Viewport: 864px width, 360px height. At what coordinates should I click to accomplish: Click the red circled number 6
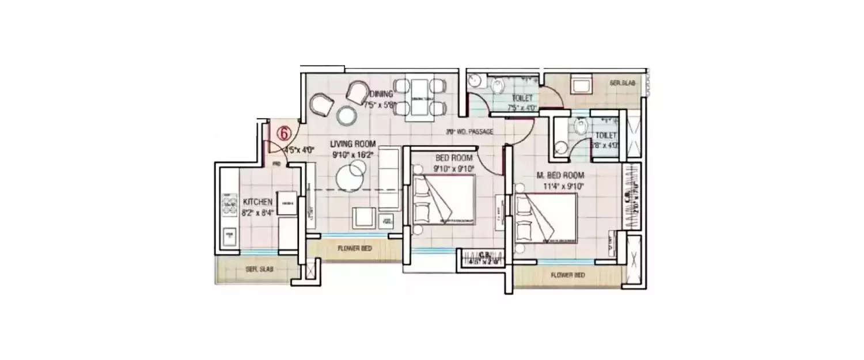[283, 132]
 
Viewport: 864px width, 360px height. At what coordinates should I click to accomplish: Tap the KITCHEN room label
[257, 202]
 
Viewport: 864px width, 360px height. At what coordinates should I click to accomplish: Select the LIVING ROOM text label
[353, 144]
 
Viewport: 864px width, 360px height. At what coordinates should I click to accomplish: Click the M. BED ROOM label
[560, 176]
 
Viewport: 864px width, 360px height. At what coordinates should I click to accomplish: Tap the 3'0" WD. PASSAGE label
[469, 132]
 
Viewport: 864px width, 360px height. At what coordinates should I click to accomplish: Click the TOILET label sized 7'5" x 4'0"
[522, 98]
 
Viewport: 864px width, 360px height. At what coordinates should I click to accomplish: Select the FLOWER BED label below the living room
[354, 249]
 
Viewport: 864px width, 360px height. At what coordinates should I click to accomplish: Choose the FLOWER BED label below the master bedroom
[567, 275]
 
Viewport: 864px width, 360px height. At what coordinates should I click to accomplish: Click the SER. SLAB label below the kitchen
[259, 269]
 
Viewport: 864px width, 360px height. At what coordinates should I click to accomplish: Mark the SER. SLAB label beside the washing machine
[622, 84]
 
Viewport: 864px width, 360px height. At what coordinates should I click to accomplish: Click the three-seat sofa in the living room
[389, 179]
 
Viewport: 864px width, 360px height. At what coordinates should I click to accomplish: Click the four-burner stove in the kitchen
[230, 205]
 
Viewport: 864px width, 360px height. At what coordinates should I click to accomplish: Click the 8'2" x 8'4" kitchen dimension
[257, 212]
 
